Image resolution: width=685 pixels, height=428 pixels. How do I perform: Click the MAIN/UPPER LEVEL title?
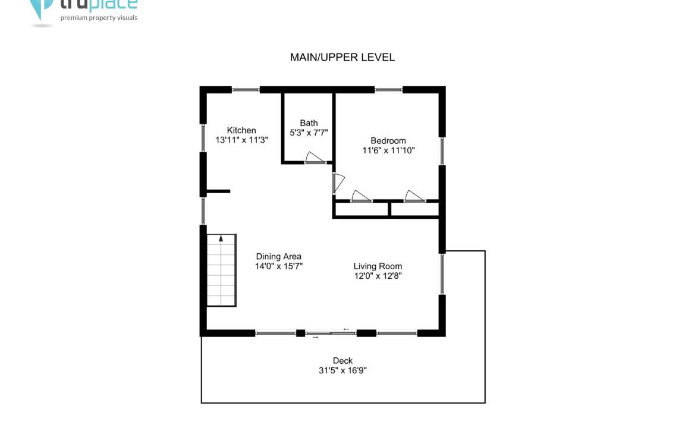point(342,57)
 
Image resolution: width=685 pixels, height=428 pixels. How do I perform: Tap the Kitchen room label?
point(241,130)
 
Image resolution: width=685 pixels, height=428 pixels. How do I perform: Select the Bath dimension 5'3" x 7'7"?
point(309,133)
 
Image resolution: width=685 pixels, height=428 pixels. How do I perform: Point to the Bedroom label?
point(388,141)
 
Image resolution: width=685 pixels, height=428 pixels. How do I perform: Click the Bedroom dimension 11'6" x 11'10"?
point(388,150)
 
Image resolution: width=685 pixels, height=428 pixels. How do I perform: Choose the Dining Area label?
point(279,256)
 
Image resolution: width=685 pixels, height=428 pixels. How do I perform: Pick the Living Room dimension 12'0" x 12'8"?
point(378,276)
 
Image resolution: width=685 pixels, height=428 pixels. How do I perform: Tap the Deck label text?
point(342,361)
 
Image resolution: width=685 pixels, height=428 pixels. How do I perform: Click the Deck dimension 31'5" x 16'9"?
point(342,370)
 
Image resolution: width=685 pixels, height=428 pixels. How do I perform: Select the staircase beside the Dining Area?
point(221,270)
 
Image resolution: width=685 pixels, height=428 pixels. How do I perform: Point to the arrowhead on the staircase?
point(221,238)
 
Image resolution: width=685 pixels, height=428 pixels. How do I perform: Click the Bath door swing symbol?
point(315,158)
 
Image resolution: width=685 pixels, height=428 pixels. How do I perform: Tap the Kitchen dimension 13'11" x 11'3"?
point(241,140)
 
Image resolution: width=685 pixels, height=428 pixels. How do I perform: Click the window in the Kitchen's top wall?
point(246,90)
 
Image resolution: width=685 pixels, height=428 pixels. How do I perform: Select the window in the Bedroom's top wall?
point(388,90)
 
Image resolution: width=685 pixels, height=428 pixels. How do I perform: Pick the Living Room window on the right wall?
point(442,274)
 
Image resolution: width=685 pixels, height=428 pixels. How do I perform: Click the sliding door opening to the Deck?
point(331,333)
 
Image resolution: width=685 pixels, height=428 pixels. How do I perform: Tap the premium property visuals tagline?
point(99,18)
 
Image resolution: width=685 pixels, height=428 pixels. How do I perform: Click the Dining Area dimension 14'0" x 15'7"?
point(279,266)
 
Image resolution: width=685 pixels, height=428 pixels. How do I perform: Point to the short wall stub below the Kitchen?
point(218,191)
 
